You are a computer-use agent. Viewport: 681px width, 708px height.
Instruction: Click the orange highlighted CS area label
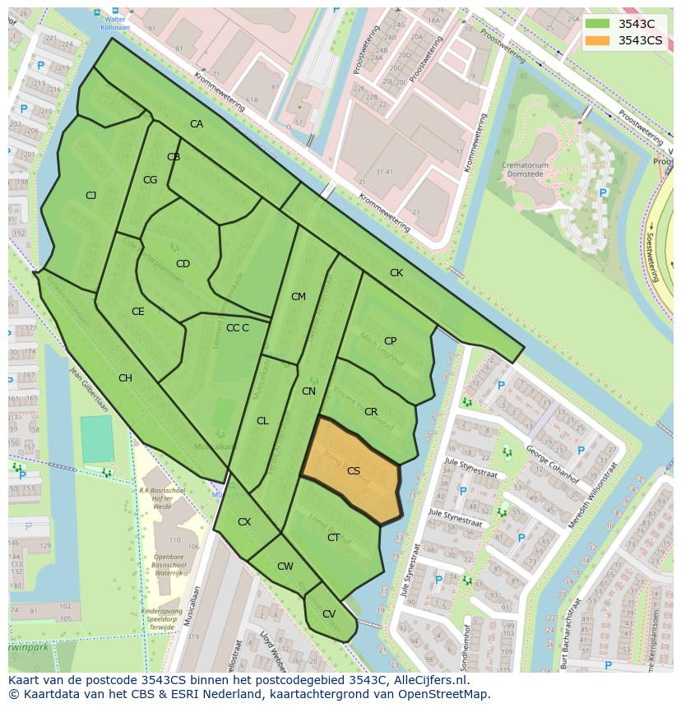coord(354,471)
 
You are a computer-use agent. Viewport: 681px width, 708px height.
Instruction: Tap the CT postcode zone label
coord(333,538)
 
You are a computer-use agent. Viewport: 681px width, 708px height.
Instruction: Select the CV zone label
coord(328,613)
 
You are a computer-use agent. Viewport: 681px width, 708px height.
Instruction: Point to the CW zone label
coord(285,566)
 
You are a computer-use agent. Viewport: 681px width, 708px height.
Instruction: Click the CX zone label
coord(244,522)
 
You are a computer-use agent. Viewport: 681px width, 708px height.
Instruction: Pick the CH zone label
coord(125,378)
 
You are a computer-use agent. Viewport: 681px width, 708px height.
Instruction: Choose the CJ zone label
coord(90,195)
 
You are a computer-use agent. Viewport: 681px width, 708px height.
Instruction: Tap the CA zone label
coord(197,124)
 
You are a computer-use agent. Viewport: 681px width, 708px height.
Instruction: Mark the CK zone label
coord(396,272)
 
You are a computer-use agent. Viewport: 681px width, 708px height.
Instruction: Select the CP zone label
coord(390,340)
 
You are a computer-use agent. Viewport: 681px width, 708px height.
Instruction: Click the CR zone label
coord(371,411)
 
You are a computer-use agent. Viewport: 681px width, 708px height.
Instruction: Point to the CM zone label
coord(298,296)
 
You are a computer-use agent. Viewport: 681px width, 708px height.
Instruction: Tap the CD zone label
coord(183,264)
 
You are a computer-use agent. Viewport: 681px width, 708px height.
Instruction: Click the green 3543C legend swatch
coord(598,24)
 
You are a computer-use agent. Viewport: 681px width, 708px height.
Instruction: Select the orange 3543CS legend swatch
coord(598,40)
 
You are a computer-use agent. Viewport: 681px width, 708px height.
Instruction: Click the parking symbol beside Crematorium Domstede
coord(603,193)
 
